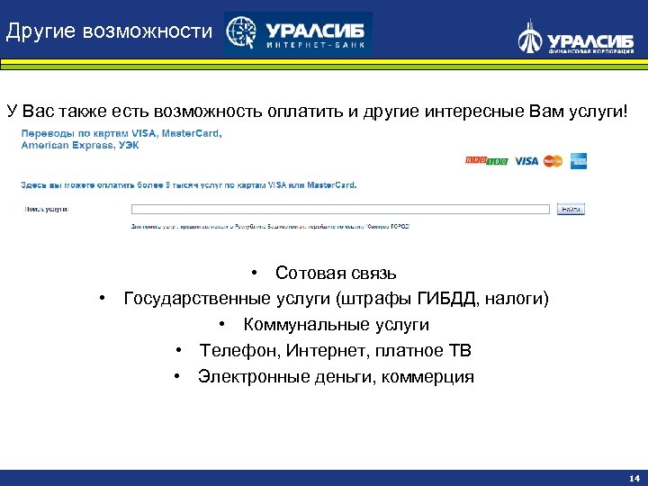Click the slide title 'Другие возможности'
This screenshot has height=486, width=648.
[x=109, y=32]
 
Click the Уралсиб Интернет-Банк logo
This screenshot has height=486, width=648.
[x=298, y=34]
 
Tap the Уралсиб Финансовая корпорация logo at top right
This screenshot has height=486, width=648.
[x=575, y=38]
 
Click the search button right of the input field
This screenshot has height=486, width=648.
[x=571, y=209]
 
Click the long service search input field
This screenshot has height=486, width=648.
[x=340, y=209]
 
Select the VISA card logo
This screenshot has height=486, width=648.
[x=526, y=161]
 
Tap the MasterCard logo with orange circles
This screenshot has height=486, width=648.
[x=553, y=161]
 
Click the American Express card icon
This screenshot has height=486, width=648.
[x=578, y=161]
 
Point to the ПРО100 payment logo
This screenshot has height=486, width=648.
[x=486, y=161]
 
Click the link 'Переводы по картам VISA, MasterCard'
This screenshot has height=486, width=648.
[x=121, y=133]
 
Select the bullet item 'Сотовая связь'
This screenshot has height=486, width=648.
[x=335, y=273]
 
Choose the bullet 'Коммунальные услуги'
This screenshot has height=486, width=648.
[x=336, y=325]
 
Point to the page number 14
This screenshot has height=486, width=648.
[x=634, y=478]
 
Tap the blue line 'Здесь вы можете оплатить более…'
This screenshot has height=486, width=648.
[x=189, y=185]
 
